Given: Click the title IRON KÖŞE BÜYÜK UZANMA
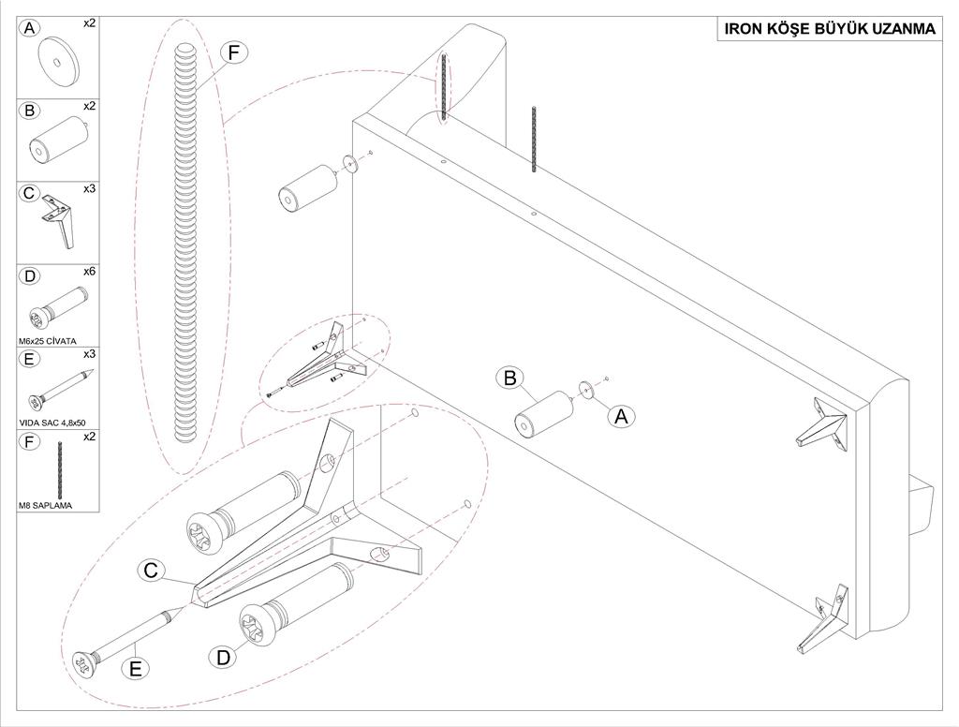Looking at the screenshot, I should point(830,29).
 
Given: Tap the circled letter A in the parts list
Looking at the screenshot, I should point(30,29).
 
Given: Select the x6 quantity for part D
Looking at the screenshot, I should point(89,272).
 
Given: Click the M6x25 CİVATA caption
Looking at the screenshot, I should point(47,340).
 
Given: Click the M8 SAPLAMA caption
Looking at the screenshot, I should point(45,506).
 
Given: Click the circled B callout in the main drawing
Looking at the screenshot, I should point(510,378).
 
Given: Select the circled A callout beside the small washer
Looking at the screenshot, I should point(620,416).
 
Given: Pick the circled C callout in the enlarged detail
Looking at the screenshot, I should point(153,570).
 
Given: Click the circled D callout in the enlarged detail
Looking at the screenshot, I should point(223,658).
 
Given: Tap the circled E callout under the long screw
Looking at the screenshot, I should point(137,671).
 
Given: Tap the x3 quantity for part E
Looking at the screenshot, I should point(89,354).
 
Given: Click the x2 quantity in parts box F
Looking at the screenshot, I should point(89,437).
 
